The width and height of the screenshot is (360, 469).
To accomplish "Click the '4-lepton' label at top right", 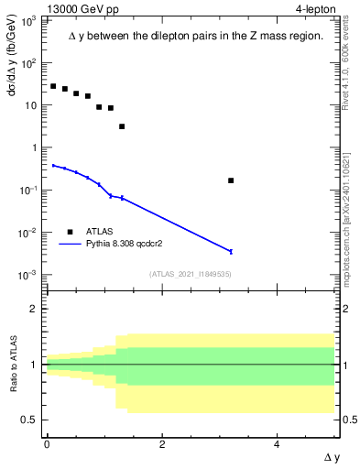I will click(313, 8).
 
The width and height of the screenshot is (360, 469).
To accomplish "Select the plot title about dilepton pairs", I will click(196, 36).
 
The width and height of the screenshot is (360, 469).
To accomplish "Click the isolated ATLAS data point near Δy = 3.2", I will click(231, 180).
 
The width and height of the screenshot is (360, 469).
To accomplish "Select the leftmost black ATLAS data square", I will click(53, 86).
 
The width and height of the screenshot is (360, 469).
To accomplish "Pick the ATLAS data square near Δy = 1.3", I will click(122, 126).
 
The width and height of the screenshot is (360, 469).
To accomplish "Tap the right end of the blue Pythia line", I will click(231, 251).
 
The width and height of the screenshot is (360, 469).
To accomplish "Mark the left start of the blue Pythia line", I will click(53, 166).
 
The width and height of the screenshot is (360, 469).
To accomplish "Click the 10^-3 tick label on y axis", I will click(27, 275).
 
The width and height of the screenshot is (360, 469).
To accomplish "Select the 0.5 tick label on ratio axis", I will click(29, 420).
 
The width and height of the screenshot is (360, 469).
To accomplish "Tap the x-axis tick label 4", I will click(278, 444).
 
